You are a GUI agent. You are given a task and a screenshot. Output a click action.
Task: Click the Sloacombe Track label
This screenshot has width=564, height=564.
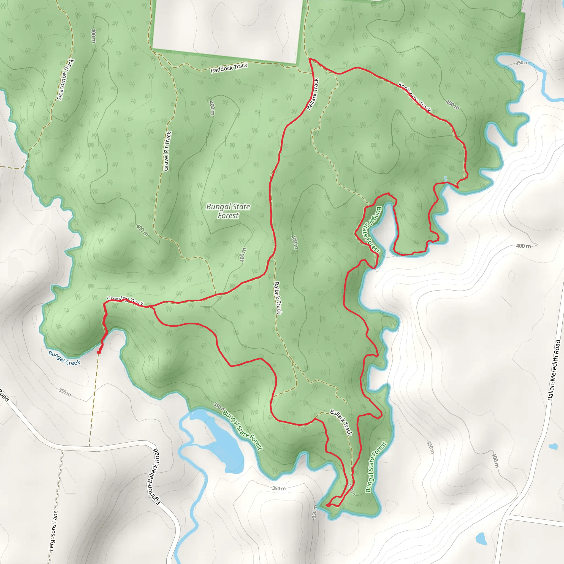click(66, 80)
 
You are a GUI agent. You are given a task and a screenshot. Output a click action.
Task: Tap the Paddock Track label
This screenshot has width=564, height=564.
click(229, 68)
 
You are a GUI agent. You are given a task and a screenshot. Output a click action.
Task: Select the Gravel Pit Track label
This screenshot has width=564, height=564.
click(167, 151)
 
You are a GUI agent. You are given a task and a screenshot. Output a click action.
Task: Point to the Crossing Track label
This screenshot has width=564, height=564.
click(125, 301)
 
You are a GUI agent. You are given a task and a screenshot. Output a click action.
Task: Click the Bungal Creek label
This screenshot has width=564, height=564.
click(64, 358)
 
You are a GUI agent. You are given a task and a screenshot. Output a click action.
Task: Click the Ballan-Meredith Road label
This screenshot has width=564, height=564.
click(554, 370)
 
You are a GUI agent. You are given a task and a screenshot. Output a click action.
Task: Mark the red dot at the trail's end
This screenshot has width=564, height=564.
click(99, 352)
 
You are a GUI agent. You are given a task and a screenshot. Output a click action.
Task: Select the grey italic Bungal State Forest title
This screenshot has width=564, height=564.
click(228, 211)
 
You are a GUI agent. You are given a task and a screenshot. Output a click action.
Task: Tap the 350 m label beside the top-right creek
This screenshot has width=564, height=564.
click(522, 63)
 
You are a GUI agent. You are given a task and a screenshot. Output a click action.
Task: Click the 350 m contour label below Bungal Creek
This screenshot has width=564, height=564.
click(65, 392)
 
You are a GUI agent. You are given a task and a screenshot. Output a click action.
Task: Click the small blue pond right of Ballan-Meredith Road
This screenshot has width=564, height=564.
click(553, 446)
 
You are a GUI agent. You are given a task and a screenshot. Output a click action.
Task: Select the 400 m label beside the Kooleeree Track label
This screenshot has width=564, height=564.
click(452, 105)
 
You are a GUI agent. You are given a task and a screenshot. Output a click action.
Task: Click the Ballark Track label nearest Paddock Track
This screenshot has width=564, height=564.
click(312, 94)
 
